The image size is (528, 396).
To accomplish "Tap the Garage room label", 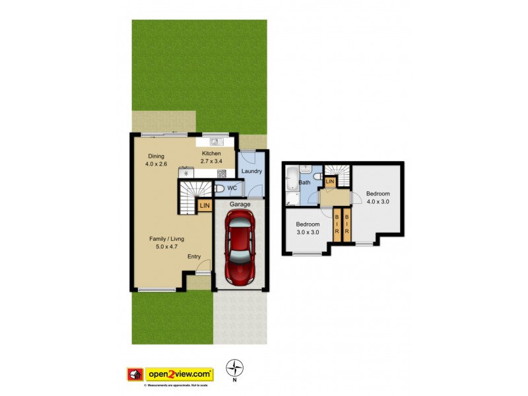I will click(240, 205).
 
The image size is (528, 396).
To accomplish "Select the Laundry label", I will click(252, 172).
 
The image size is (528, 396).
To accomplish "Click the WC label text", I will click(232, 189).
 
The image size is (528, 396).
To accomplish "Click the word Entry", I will click(194, 257).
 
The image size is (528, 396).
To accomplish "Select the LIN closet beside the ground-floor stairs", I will click(205, 207).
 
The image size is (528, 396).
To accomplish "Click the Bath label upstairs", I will click(305, 183).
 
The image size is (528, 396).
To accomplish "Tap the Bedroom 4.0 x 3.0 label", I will click(379, 197).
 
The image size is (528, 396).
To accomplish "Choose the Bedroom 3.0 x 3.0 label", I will click(308, 228).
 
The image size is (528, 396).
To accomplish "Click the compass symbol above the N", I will click(234, 368).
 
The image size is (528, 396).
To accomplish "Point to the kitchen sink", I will click(214, 141).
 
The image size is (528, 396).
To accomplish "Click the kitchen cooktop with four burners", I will click(222, 174).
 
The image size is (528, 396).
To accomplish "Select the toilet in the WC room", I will click(220, 189).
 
